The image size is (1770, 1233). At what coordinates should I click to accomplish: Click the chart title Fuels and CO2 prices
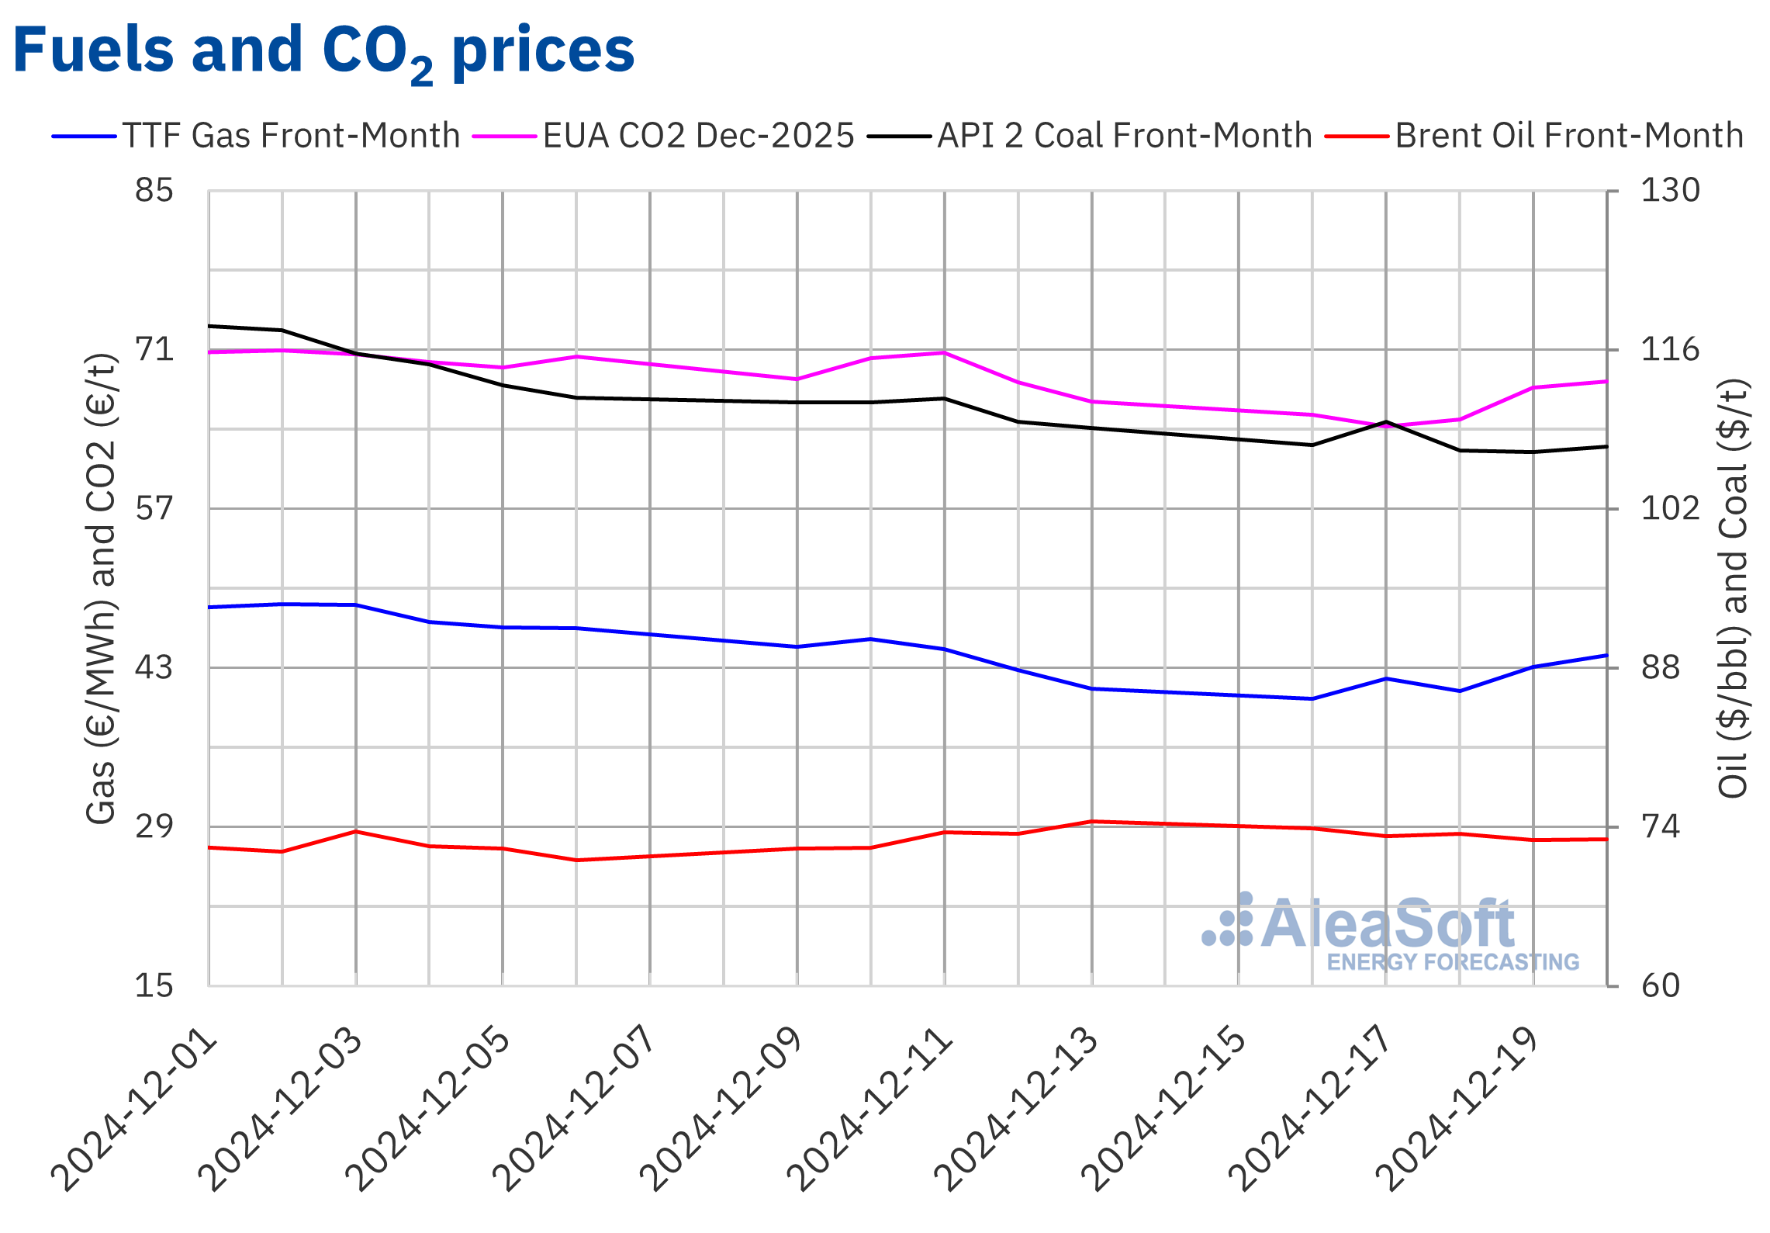[x=323, y=51]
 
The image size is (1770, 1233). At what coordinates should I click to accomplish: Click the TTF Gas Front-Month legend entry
[x=291, y=136]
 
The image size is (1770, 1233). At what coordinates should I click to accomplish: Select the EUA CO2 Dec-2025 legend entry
[x=698, y=136]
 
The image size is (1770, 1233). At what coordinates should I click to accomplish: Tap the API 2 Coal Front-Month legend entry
[x=1124, y=136]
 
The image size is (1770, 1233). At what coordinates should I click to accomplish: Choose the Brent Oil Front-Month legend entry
[x=1569, y=136]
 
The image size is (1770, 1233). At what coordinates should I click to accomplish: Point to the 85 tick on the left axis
[x=154, y=190]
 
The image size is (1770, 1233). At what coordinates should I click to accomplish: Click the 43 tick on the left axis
[x=154, y=667]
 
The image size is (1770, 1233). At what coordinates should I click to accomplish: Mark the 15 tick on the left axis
[x=154, y=985]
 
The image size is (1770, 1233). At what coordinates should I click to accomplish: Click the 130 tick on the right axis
[x=1669, y=190]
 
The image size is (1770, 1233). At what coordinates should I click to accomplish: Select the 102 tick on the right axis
[x=1669, y=508]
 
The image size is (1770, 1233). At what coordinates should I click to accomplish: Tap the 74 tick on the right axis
[x=1660, y=826]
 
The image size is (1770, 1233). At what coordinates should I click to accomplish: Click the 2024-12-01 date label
[x=133, y=1110]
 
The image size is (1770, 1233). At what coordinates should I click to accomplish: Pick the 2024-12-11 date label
[x=869, y=1110]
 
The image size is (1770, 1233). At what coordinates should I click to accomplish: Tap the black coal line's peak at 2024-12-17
[x=1386, y=422]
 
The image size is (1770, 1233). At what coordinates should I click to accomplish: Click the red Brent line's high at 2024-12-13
[x=1092, y=821]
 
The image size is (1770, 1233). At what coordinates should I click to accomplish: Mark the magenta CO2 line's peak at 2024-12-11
[x=945, y=353]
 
